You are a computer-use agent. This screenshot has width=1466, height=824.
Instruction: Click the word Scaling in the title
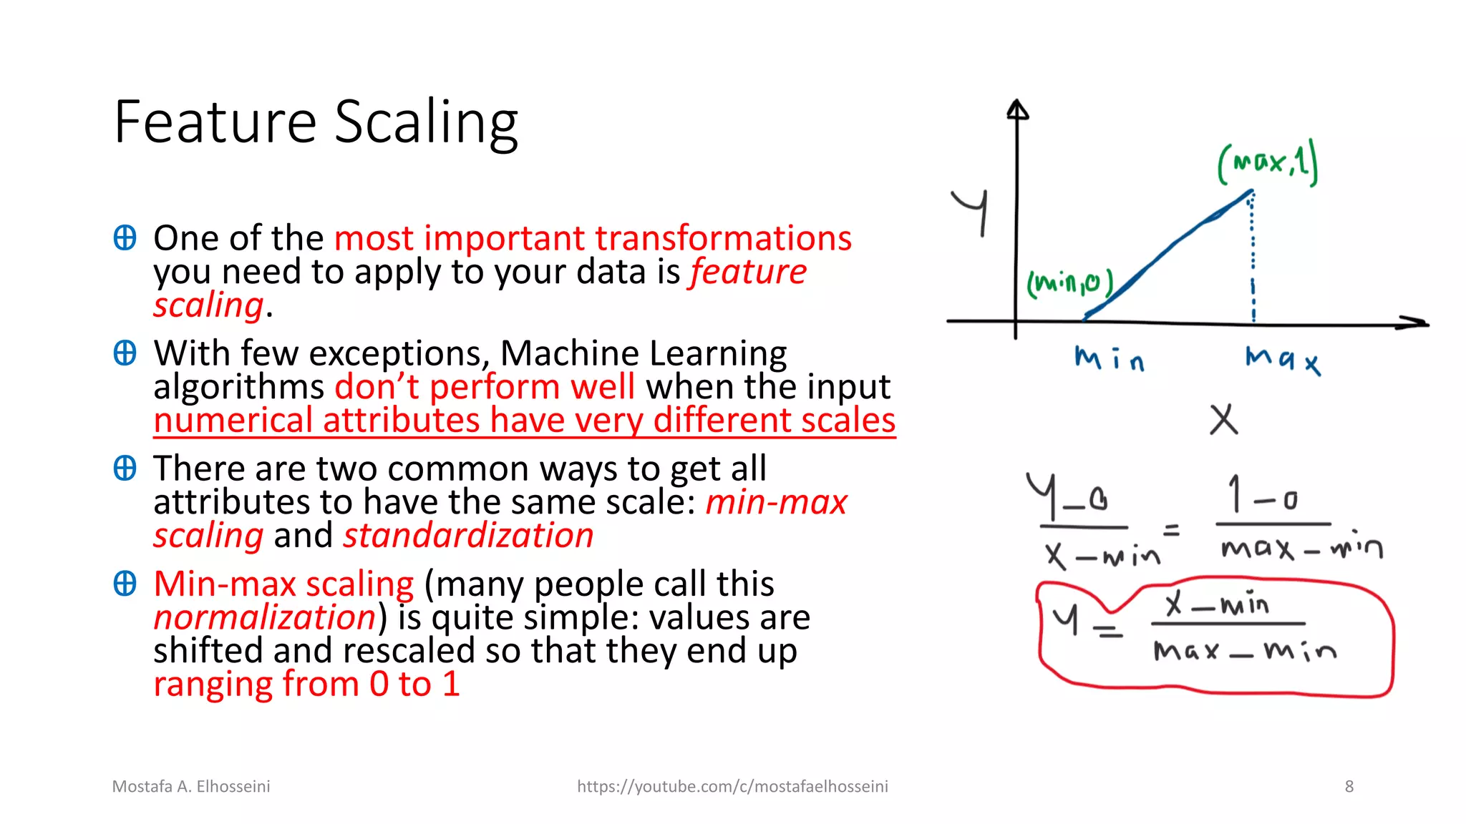pyautogui.click(x=426, y=123)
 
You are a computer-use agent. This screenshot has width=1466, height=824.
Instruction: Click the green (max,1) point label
pyautogui.click(x=1267, y=164)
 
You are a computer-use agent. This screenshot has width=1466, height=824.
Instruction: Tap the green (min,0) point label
pyautogui.click(x=1070, y=284)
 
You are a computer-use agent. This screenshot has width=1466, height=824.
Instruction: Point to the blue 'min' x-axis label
pyautogui.click(x=1109, y=358)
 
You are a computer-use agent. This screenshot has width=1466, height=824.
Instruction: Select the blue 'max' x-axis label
pyautogui.click(x=1282, y=359)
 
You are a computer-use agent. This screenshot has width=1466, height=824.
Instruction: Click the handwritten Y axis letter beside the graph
pyautogui.click(x=972, y=210)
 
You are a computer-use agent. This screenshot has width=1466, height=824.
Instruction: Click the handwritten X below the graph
pyautogui.click(x=1223, y=420)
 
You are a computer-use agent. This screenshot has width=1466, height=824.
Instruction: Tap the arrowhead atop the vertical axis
pyautogui.click(x=1017, y=109)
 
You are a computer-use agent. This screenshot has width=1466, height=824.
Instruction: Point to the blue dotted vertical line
pyautogui.click(x=1253, y=257)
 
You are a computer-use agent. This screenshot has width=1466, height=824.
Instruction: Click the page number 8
pyautogui.click(x=1349, y=787)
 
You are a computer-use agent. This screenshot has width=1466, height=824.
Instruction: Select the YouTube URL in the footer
pyautogui.click(x=732, y=787)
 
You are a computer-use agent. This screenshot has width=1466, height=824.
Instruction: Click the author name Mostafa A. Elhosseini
pyautogui.click(x=191, y=787)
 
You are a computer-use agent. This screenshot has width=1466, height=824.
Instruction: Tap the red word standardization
pyautogui.click(x=468, y=536)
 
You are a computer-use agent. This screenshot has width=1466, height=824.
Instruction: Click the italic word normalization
pyautogui.click(x=264, y=617)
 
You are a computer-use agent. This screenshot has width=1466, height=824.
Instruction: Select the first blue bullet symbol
pyautogui.click(x=125, y=237)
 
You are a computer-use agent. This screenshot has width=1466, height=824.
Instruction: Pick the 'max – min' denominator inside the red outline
pyautogui.click(x=1244, y=651)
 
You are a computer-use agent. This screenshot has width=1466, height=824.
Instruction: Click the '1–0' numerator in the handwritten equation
pyautogui.click(x=1263, y=496)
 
